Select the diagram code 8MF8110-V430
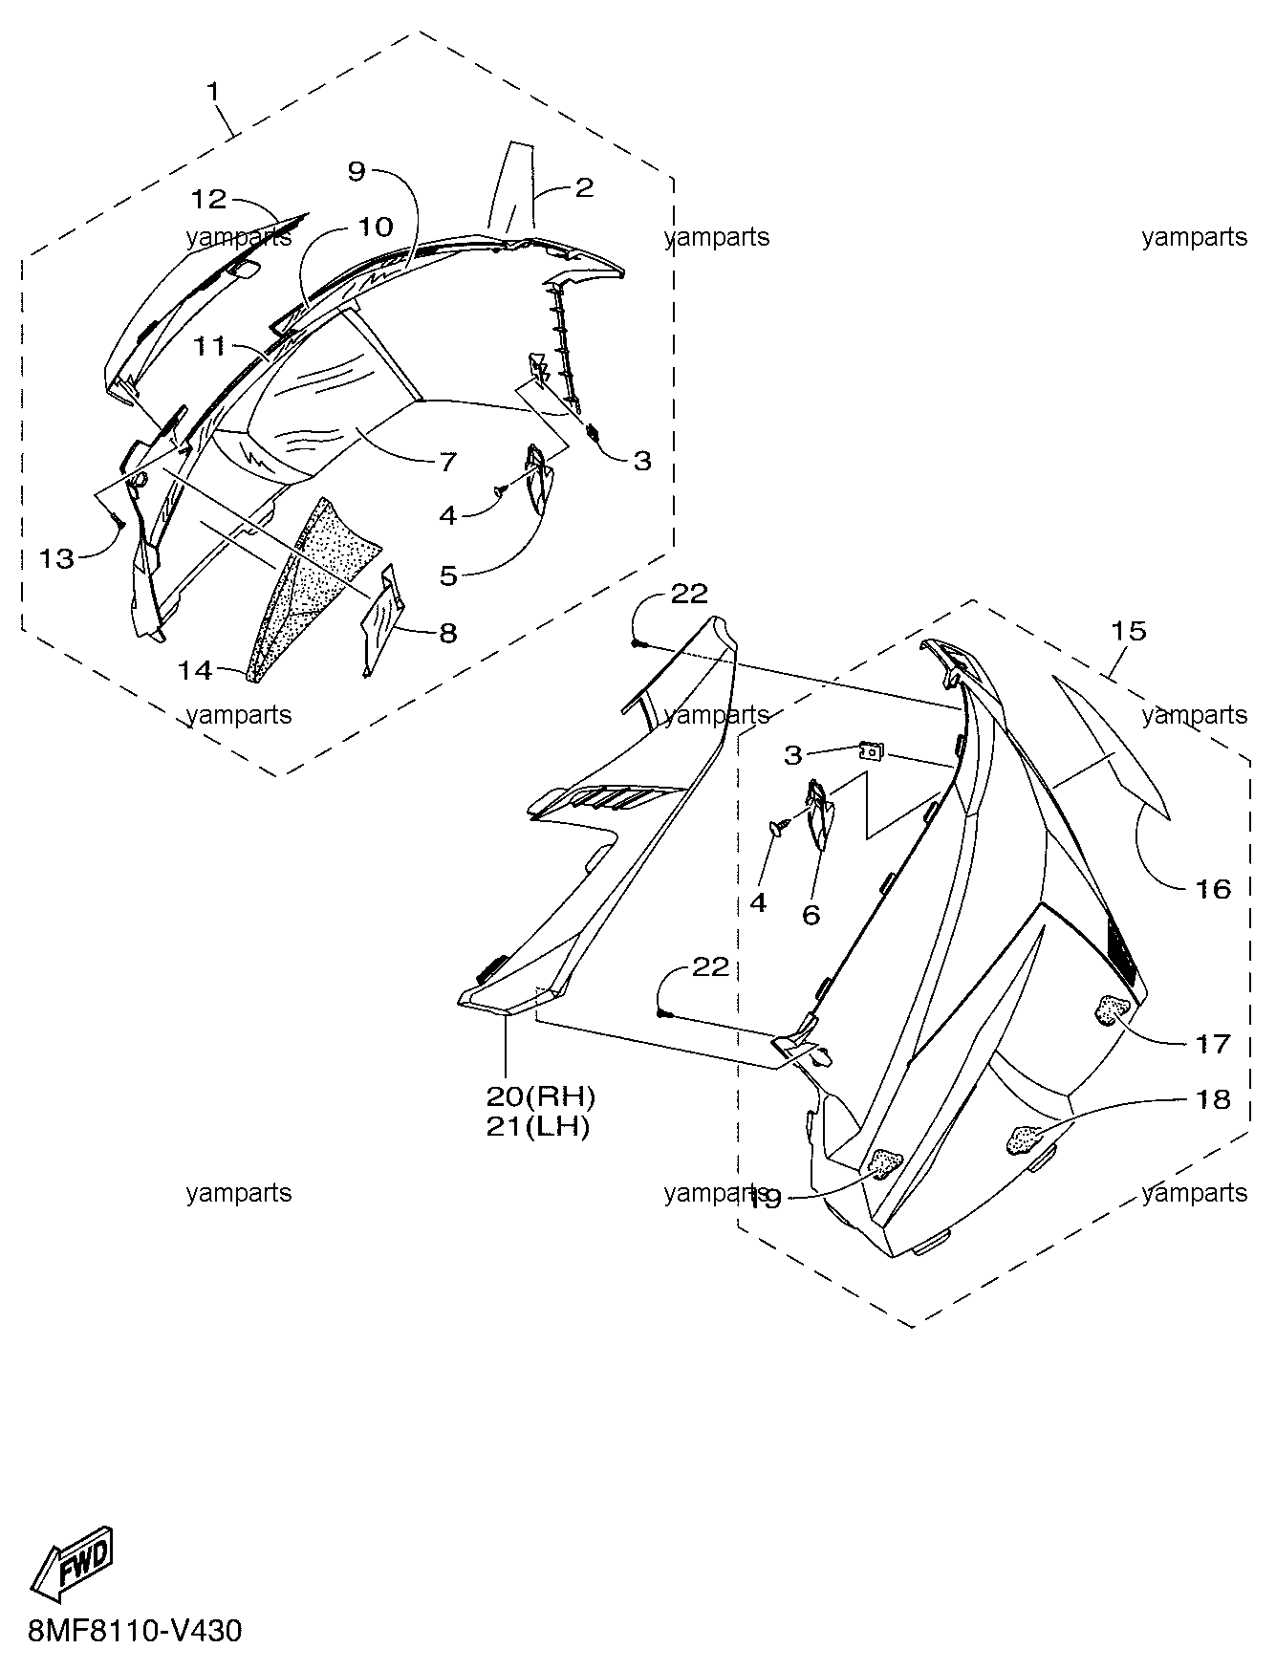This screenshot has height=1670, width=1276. (x=136, y=1629)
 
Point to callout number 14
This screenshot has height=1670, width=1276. (x=195, y=670)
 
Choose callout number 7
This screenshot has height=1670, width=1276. (x=448, y=462)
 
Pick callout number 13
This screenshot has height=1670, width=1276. (x=56, y=558)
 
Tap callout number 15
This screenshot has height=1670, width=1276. (x=1128, y=631)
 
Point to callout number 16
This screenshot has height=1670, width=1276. (x=1213, y=889)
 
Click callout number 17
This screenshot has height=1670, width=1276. (x=1213, y=1043)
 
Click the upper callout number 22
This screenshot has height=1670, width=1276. (x=689, y=595)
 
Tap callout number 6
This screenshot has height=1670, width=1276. (x=811, y=915)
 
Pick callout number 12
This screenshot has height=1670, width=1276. (x=208, y=199)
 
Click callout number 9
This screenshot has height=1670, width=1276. (x=357, y=171)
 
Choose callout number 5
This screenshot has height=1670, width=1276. (x=448, y=576)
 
